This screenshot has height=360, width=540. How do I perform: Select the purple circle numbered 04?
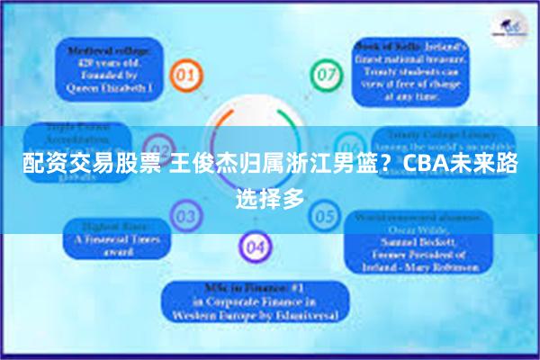pos(256,246)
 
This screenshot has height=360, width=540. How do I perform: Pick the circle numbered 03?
pos(186,216)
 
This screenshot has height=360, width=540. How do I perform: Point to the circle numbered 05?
pos(323,216)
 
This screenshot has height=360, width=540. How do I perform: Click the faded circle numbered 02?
pos(160,147)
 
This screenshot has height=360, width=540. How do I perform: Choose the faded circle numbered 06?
pos(349,147)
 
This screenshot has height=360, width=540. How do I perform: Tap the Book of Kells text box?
pos(408,64)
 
